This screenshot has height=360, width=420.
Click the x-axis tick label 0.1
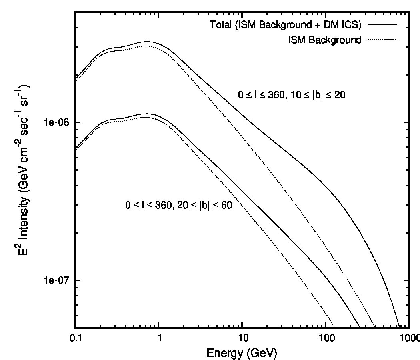click(x=75, y=338)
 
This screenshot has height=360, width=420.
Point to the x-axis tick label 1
click(x=159, y=338)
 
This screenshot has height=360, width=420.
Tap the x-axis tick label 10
click(x=243, y=338)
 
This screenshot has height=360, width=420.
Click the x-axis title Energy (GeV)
click(x=242, y=353)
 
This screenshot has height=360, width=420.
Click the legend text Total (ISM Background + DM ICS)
click(x=286, y=25)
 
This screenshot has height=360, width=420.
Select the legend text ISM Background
click(x=325, y=40)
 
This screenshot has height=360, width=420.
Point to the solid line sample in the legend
click(x=382, y=25)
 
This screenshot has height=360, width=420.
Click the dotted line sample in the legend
click(x=382, y=40)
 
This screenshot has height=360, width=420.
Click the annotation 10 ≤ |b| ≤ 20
click(x=318, y=94)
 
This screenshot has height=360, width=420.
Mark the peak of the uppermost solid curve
click(x=147, y=42)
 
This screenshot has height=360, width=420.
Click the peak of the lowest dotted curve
click(x=145, y=117)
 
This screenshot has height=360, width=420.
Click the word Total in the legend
click(x=220, y=25)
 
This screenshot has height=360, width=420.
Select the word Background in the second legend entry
click(x=335, y=40)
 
